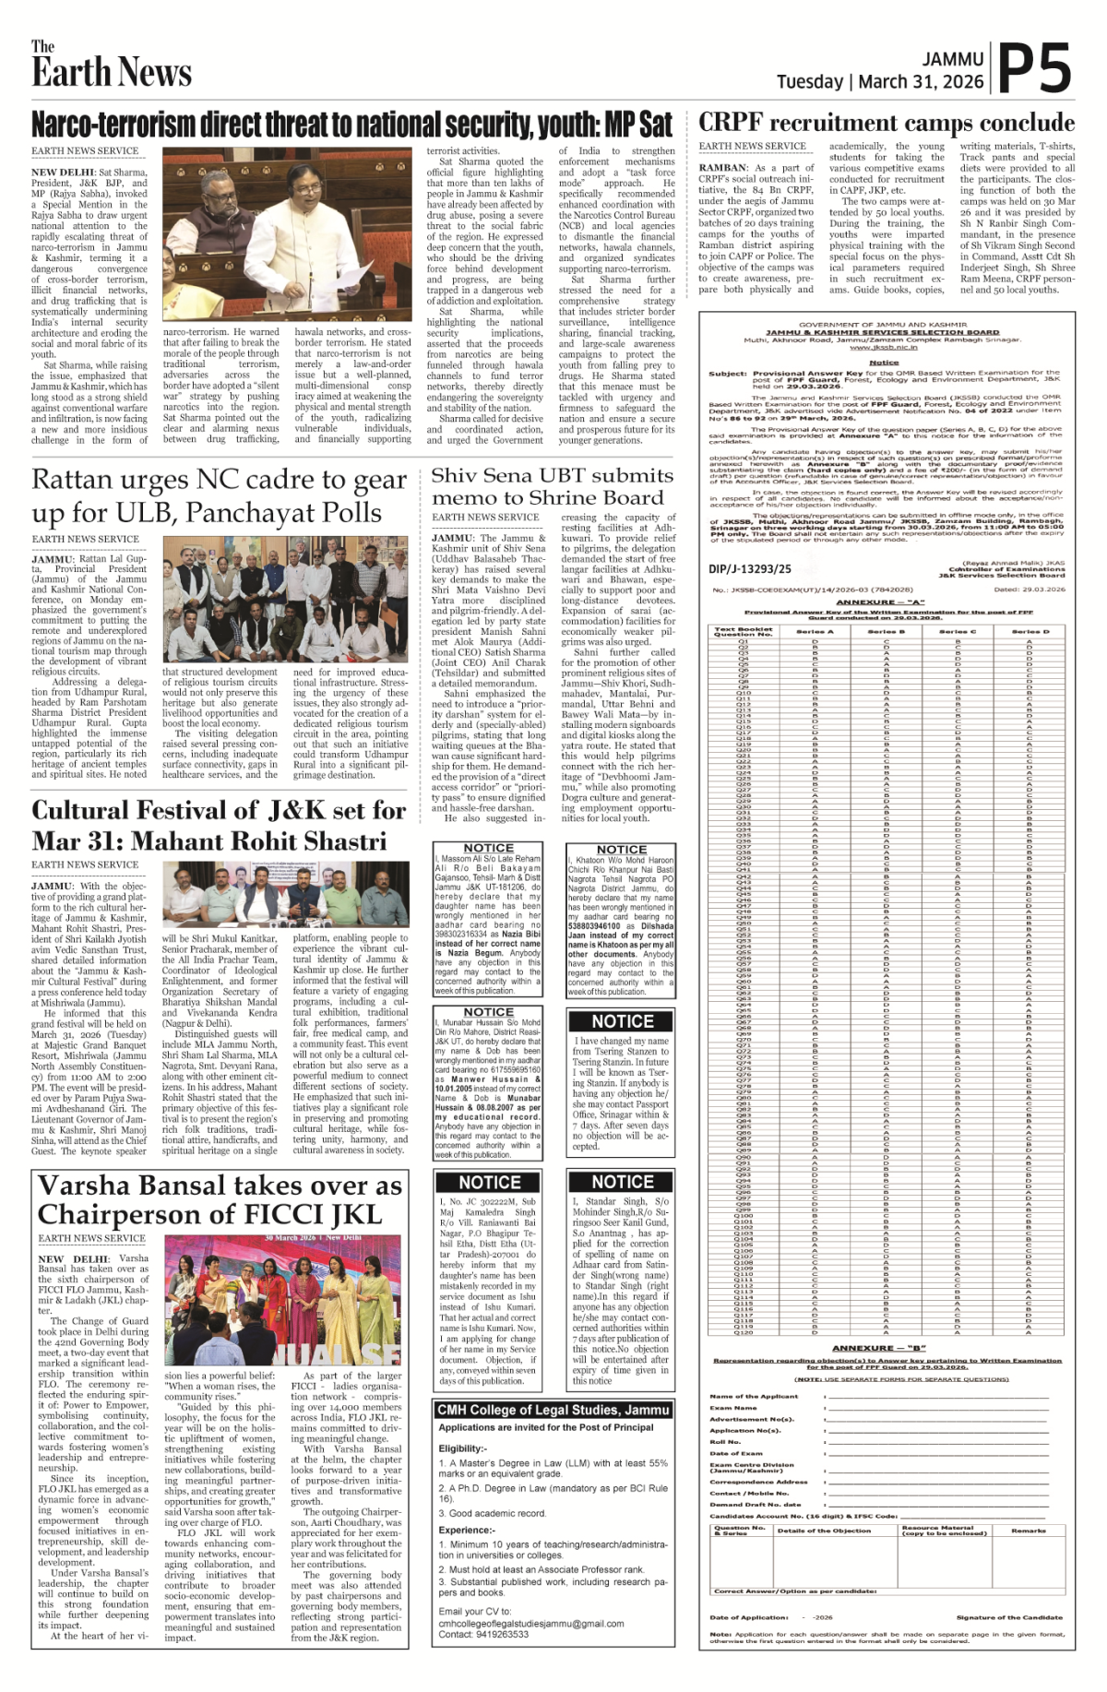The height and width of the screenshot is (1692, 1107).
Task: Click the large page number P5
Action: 1035,68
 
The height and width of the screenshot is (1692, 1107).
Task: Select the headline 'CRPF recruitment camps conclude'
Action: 886,123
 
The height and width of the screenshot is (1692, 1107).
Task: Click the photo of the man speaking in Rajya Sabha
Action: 288,235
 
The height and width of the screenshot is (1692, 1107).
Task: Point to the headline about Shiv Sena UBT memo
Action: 552,486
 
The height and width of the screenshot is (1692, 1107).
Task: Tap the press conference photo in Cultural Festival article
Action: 285,894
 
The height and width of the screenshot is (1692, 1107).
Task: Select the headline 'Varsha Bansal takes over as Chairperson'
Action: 220,1199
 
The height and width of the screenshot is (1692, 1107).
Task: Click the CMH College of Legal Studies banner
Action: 553,1410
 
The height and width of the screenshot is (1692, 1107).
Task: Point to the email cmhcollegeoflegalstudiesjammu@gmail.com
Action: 531,1624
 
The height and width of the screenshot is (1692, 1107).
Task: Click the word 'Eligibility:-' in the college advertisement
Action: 462,1448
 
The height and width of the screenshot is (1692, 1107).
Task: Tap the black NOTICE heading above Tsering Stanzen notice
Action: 623,1021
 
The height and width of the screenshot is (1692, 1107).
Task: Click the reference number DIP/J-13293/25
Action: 750,569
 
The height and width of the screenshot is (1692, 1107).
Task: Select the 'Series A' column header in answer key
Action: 815,632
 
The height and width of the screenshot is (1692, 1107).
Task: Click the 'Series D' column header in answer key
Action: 1030,632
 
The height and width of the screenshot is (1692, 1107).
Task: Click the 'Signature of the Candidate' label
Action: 1009,1617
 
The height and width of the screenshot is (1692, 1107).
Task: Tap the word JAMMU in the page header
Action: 953,59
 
